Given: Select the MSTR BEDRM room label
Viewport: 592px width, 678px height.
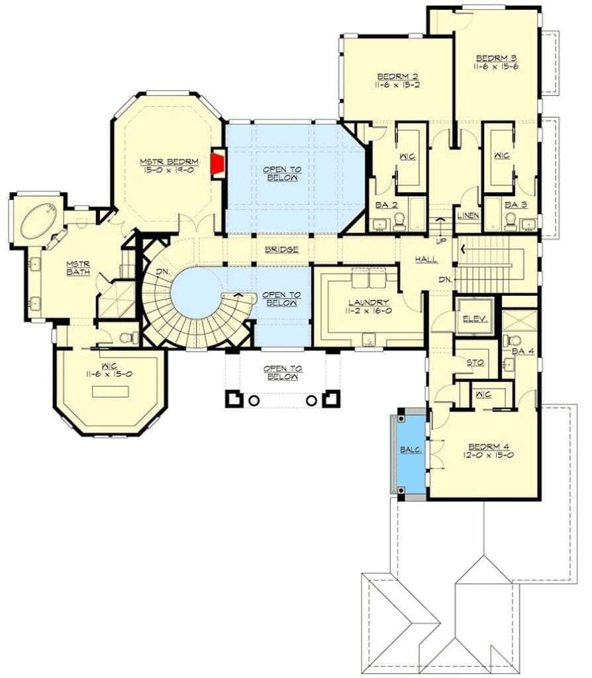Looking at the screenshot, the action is tap(169, 162).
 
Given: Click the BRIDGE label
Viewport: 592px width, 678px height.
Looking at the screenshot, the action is tap(281, 250).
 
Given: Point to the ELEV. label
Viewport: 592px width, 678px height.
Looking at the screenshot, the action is tap(475, 319).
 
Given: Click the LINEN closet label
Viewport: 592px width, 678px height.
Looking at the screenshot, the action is tap(468, 215).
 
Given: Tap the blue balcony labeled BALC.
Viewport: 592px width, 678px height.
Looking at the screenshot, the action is tap(411, 455).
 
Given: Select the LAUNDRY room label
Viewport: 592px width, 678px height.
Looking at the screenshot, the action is tap(369, 302).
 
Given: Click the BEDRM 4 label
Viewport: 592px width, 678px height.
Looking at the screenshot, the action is tap(489, 447).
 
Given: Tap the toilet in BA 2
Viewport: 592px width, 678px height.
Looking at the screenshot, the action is tap(399, 222).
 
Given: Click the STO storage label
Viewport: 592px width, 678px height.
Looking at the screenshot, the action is tap(475, 363).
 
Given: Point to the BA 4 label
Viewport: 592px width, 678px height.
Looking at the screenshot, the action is tap(523, 352).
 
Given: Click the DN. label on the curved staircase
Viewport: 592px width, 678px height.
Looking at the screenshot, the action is tap(163, 272).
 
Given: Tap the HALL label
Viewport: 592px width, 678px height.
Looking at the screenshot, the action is tap(426, 260).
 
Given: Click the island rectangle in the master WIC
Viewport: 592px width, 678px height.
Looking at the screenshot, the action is tap(111, 392).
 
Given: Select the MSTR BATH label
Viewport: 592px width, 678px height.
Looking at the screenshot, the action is tap(78, 268).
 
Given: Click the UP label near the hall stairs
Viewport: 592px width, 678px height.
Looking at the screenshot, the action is tap(441, 241).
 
